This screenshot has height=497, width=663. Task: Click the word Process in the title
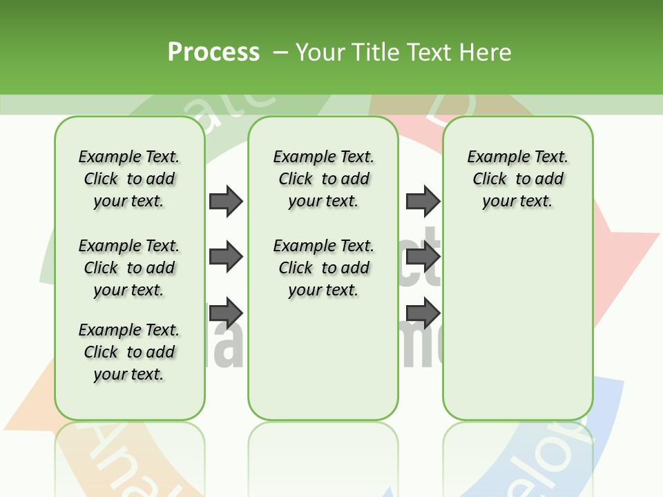pos(213,52)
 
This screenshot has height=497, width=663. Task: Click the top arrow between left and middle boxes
pos(226,201)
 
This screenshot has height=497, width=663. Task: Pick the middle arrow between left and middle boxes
pos(226,257)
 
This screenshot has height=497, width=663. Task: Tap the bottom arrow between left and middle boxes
pos(226,311)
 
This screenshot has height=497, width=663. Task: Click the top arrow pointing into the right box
pos(423,201)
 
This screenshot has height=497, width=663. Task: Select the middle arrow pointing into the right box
pos(423,257)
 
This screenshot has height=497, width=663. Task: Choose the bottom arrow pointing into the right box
pos(423,312)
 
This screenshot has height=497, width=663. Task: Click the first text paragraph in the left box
pos(129,179)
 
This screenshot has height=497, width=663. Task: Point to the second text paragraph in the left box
pos(129,268)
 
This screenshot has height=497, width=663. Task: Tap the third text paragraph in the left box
pos(129,352)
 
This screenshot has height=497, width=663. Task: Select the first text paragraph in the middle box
pos(323,179)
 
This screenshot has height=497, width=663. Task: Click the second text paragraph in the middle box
pos(323,268)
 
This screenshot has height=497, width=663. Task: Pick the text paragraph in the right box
pos(517,179)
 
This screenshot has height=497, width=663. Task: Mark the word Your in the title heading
pos(320,52)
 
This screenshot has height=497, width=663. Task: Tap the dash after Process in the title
pos(280,52)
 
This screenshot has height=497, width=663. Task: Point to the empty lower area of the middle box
pos(323,359)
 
